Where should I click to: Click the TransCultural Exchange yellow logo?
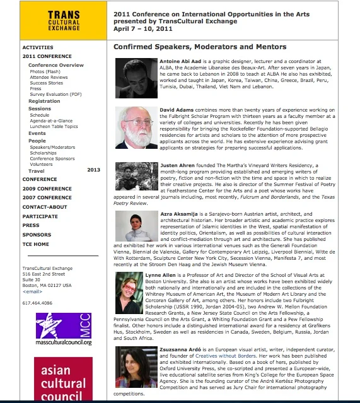tap(54, 20)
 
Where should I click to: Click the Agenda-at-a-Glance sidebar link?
tap(51, 120)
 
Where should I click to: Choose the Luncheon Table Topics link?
tap(54, 126)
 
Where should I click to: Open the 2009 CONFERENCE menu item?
tap(47, 189)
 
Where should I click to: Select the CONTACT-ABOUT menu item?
tap(45, 207)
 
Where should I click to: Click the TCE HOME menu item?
tap(36, 244)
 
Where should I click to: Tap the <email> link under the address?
tap(32, 291)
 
